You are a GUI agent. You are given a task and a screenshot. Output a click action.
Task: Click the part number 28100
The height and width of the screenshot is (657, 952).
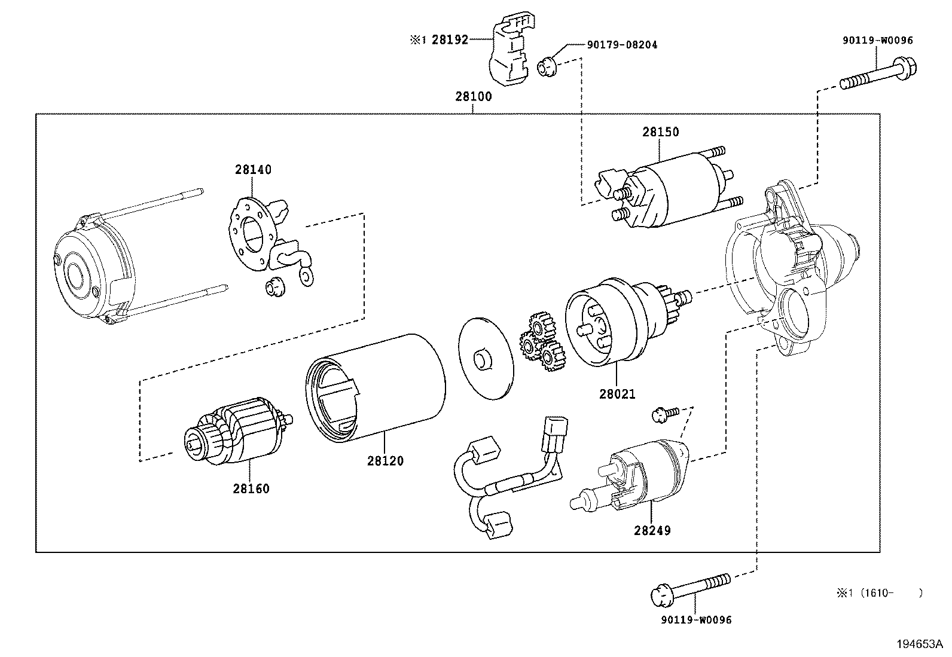(473, 97)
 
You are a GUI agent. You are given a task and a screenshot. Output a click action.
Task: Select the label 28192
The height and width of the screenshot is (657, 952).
(450, 40)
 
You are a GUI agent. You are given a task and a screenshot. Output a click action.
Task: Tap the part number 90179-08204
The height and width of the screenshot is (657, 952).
(622, 45)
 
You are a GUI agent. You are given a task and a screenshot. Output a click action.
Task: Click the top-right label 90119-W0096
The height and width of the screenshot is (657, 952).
(878, 40)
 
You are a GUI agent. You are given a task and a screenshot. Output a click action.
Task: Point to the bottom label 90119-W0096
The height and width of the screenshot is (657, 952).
(696, 620)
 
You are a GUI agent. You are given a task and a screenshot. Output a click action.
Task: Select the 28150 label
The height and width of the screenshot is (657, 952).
(661, 132)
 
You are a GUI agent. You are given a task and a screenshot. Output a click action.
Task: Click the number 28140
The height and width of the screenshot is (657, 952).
(253, 170)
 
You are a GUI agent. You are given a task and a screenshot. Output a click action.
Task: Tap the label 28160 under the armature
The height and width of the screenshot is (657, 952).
(251, 488)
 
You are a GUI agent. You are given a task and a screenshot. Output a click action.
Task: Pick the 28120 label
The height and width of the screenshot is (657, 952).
(385, 461)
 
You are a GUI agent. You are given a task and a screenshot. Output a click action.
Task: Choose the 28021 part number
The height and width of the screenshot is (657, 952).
(617, 395)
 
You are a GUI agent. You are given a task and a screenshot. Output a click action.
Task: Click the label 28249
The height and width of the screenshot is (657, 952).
(652, 530)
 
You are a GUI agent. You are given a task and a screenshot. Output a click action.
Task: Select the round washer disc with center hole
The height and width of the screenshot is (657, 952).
(486, 359)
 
